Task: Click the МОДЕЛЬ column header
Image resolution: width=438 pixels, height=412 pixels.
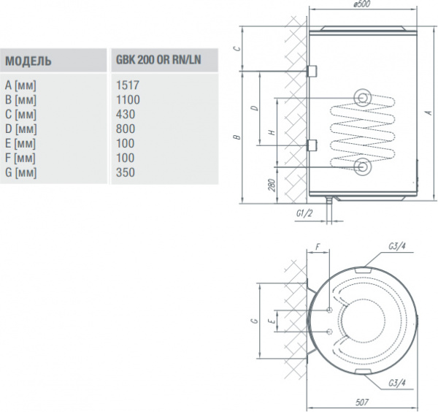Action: point(28,60)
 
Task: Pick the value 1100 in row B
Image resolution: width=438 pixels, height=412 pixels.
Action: point(127,99)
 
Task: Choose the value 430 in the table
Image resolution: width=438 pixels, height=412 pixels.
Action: point(125,113)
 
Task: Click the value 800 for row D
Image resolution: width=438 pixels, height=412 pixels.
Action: point(125,129)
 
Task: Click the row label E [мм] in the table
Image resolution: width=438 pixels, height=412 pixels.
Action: point(20,143)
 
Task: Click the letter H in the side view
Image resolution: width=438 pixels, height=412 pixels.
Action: point(271,133)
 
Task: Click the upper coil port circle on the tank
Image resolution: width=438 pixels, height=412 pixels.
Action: point(363,98)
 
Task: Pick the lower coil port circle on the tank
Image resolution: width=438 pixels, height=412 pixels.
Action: point(363,167)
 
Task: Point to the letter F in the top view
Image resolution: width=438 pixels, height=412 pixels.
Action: point(318,246)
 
